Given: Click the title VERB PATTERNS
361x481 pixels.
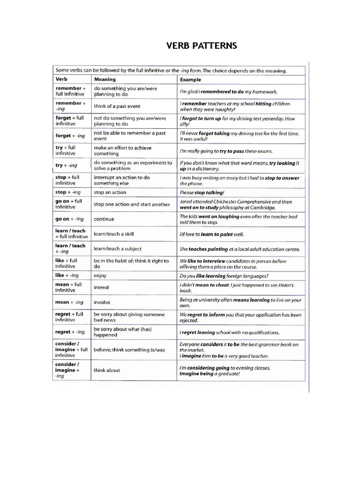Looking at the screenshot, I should (x=202, y=46).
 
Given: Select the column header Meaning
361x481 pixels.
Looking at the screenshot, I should (x=105, y=79).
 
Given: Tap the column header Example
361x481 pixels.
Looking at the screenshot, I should (x=190, y=80).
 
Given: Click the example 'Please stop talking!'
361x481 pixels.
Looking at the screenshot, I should (x=202, y=193).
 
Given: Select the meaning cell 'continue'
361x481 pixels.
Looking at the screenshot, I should (x=104, y=219).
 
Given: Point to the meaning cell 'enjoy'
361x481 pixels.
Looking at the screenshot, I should (x=101, y=275).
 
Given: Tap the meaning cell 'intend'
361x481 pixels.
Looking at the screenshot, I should (x=101, y=287).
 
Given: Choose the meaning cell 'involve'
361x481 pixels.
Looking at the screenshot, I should (x=102, y=303).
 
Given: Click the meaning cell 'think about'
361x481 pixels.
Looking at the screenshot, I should (x=107, y=370).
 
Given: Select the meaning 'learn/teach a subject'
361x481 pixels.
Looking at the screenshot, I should (x=118, y=249).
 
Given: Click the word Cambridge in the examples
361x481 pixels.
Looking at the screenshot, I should (x=263, y=207).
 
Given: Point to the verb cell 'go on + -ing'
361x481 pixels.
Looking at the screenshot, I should (x=70, y=219).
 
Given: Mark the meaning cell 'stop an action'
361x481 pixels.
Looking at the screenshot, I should (x=110, y=192).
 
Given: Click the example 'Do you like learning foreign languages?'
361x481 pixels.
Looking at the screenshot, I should (x=227, y=276).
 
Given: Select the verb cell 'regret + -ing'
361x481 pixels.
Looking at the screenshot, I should (x=70, y=332).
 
